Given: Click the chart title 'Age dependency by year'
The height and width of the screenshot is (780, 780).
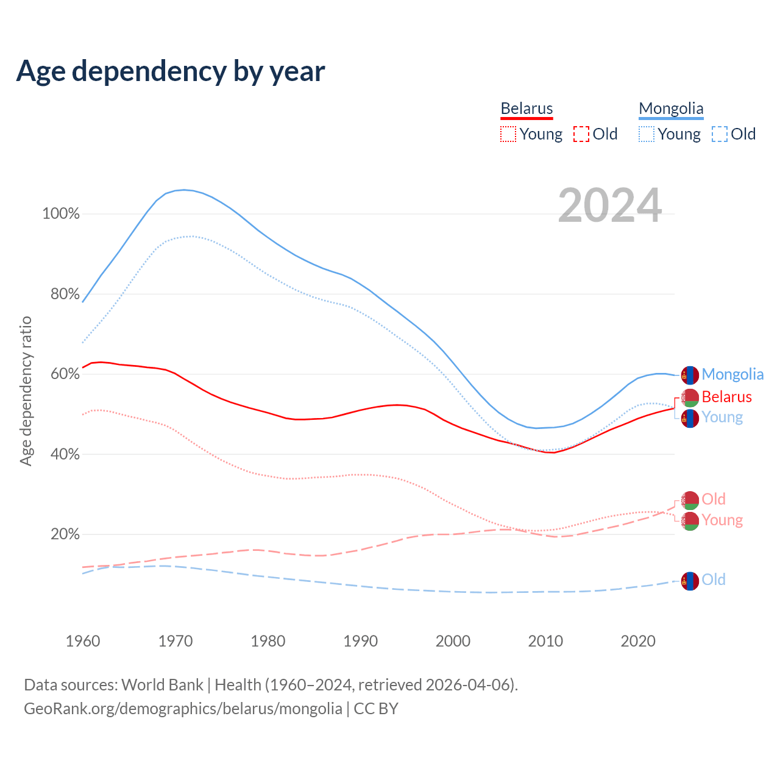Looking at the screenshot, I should tap(171, 71).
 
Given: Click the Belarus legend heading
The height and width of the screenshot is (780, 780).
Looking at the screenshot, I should tap(526, 109).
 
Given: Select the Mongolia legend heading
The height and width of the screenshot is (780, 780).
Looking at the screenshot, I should tap(671, 109).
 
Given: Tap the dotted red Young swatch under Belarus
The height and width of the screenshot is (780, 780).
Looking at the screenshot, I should tap(508, 134).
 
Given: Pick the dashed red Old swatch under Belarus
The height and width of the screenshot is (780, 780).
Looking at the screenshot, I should tap(581, 134).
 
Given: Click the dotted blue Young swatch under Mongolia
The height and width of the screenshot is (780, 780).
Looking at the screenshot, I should tap(647, 134).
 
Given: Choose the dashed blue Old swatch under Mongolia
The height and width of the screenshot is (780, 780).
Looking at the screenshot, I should tap(720, 134).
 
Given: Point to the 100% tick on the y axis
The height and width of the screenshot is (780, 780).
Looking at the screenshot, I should tap(61, 214).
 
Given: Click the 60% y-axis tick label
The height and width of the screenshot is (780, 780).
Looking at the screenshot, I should tap(65, 374).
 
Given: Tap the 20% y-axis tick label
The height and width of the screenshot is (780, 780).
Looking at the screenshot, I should tap(65, 534).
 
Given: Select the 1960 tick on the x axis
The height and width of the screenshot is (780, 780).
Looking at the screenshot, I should tap(83, 641).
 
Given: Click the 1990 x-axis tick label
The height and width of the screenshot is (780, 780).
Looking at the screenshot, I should tap(360, 641).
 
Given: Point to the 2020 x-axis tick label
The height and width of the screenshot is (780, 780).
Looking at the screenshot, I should tap(637, 641).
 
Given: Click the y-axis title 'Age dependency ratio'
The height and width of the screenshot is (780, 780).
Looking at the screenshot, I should tap(26, 391).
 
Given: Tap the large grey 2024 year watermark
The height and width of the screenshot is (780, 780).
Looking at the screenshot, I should tap(609, 206).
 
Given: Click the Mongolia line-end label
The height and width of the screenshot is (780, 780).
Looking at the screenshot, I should tap(732, 374).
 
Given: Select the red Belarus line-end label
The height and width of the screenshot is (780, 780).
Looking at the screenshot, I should tap(726, 397).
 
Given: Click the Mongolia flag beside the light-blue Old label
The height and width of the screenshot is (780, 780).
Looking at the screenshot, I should tap(690, 581).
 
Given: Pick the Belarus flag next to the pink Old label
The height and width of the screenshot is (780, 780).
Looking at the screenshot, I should tap(690, 500).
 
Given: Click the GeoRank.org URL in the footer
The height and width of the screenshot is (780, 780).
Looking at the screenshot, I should tap(183, 709).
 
